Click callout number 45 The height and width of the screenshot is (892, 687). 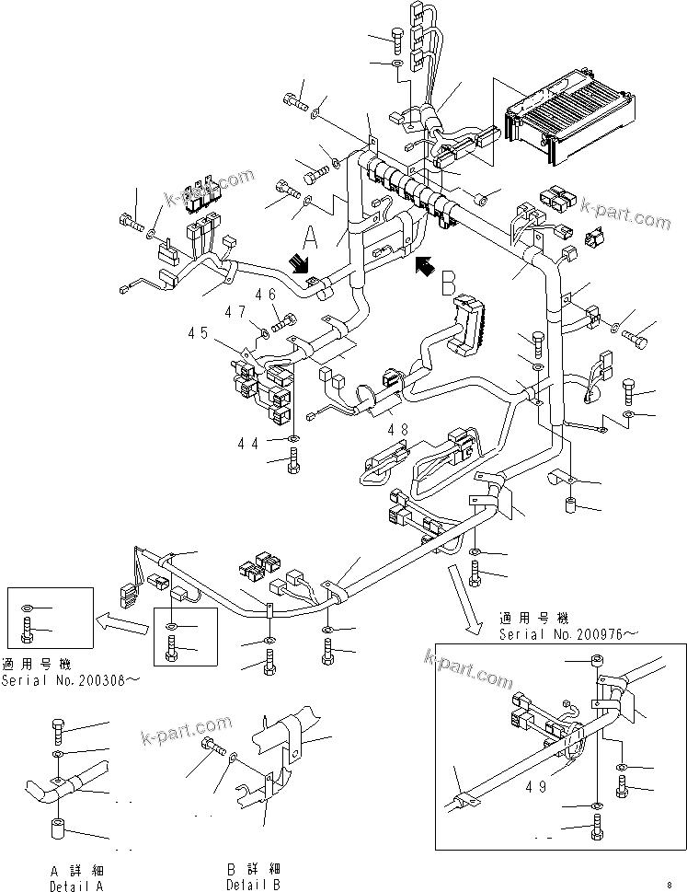tap(198, 333)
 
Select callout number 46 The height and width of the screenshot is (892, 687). tap(266, 295)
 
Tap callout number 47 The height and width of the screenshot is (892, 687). tap(236, 312)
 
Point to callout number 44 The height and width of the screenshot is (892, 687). tap(247, 443)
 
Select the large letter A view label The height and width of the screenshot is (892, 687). tap(312, 240)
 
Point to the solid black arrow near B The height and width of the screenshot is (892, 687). tap(425, 268)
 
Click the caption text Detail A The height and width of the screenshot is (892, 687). tap(76, 885)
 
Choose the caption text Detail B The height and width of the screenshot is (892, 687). tap(254, 885)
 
